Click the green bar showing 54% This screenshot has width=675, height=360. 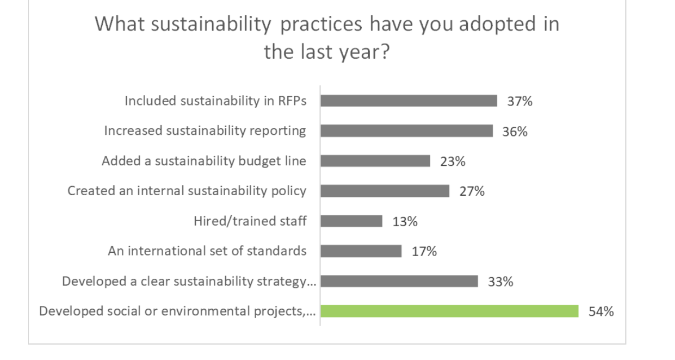[x=449, y=311]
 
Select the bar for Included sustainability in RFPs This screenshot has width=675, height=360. [x=409, y=101]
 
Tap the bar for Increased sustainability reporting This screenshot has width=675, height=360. [x=406, y=131]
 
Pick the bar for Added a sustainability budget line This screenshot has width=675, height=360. [x=375, y=161]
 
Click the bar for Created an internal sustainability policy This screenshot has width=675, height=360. [x=385, y=191]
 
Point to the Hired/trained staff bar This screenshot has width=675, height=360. [x=351, y=221]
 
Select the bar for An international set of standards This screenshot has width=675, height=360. [x=361, y=251]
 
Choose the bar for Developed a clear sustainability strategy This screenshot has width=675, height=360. [x=399, y=281]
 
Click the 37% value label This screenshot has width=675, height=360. [x=520, y=102]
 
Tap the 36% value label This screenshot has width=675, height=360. [x=515, y=131]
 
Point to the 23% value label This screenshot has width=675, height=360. [x=453, y=161]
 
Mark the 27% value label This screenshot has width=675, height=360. [x=472, y=191]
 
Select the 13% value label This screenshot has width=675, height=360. [x=405, y=221]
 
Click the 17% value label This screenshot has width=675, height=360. [x=424, y=251]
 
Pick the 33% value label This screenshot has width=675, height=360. [x=501, y=282]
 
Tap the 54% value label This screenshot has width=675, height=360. [x=601, y=311]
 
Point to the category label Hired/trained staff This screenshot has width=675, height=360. [x=250, y=221]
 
